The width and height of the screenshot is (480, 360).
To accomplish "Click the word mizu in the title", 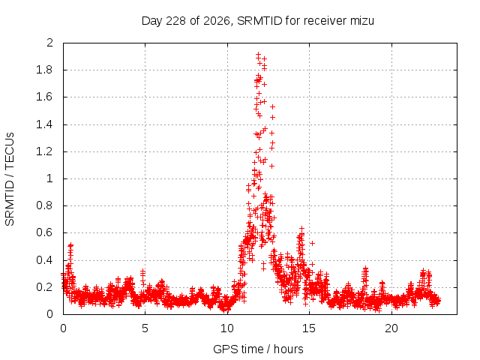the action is tap(362, 21).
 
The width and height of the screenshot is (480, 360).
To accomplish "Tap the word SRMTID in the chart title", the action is tap(259, 21).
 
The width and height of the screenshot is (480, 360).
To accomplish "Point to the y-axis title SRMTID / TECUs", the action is tap(10, 179).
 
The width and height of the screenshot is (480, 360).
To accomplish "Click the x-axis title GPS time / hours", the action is tap(258, 349).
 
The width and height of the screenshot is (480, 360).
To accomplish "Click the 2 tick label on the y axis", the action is tap(49, 43).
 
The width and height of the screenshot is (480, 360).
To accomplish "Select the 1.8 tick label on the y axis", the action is tap(45, 70).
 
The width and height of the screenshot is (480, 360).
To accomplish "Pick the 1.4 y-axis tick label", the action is tap(45, 124).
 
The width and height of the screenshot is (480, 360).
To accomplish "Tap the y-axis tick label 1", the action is tap(50, 178).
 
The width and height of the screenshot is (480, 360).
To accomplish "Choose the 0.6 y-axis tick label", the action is tap(45, 232).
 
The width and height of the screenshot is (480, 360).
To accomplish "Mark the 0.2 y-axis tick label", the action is tap(45, 287).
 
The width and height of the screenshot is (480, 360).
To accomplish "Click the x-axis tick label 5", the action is tap(145, 328).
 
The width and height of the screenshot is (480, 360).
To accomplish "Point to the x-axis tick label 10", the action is tap(227, 328).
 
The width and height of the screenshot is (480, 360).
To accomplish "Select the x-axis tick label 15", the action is tap(309, 328).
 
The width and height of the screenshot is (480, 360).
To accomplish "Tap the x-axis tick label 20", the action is tap(391, 328).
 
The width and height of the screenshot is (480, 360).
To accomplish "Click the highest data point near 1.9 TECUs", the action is tap(258, 54).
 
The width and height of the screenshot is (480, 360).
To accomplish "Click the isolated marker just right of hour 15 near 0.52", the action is tap(312, 243).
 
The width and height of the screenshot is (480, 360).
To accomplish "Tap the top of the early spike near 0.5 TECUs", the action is tap(70, 245).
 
